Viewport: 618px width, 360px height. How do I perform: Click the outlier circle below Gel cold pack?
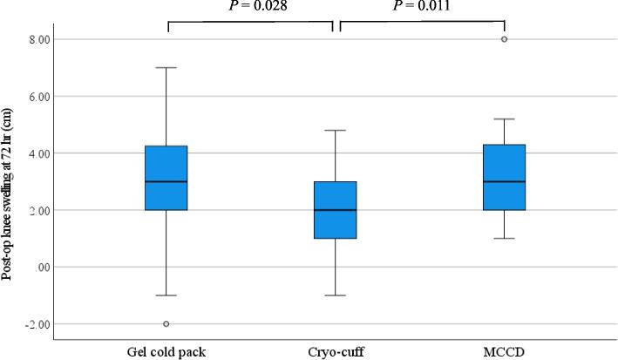click(166, 323)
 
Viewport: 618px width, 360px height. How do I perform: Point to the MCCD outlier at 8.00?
click(504, 39)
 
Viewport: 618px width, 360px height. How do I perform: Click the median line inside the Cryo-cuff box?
click(335, 210)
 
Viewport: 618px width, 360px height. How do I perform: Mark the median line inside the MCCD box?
click(504, 181)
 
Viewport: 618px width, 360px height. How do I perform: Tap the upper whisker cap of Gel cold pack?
click(166, 67)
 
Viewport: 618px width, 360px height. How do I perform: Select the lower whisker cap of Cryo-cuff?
click(335, 295)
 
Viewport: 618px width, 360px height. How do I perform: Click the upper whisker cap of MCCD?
click(504, 119)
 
